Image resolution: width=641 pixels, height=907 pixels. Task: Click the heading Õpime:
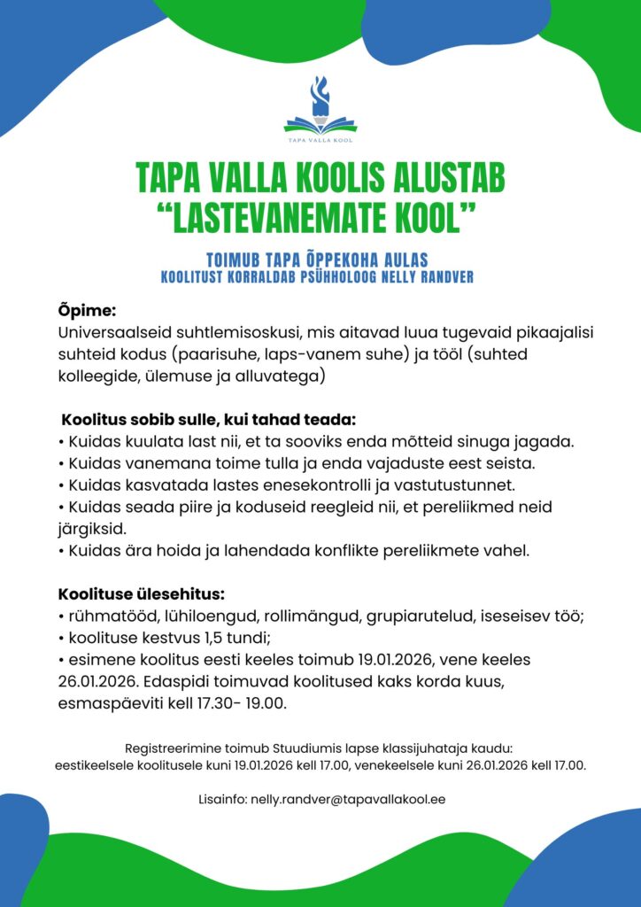[x=87, y=311]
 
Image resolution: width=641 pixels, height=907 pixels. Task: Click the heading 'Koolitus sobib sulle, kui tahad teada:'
[x=208, y=418]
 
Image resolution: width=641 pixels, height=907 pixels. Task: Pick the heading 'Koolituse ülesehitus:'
[x=142, y=593]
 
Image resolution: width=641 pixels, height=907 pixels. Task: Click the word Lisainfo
[x=221, y=799]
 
